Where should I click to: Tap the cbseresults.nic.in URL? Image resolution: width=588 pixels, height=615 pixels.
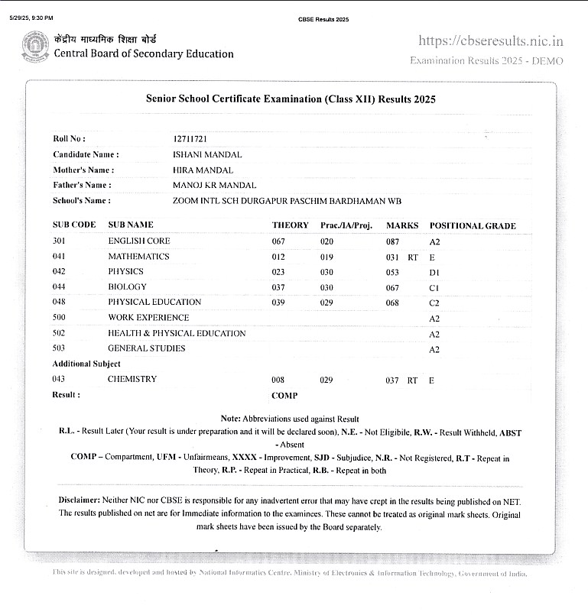click(x=491, y=41)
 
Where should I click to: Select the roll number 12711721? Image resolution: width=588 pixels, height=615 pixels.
click(x=190, y=139)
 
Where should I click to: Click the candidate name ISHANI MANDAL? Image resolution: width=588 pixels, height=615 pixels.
click(x=208, y=154)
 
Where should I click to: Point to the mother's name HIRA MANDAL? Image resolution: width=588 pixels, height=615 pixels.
click(x=203, y=170)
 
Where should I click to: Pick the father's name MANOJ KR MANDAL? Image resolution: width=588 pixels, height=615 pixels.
click(x=215, y=186)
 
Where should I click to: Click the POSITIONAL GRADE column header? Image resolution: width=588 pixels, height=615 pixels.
click(x=473, y=226)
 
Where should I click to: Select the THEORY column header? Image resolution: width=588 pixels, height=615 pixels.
click(x=291, y=226)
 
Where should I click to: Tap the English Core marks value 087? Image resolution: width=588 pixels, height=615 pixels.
click(x=393, y=241)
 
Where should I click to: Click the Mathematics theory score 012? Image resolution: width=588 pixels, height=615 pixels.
click(x=278, y=257)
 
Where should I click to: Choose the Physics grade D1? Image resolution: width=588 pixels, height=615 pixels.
click(x=434, y=272)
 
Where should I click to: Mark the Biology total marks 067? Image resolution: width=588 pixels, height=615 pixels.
click(x=393, y=287)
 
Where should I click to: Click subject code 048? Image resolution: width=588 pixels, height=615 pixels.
click(x=59, y=303)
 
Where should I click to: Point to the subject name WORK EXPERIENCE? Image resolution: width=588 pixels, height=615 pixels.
click(x=148, y=318)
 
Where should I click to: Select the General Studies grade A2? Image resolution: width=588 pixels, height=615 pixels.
click(x=434, y=349)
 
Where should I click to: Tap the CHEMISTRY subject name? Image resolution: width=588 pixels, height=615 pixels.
click(x=132, y=380)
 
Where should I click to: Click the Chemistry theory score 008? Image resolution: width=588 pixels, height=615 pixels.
click(x=278, y=380)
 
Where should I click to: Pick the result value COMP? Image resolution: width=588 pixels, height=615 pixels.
click(x=284, y=396)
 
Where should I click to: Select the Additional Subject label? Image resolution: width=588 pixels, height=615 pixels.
click(x=86, y=364)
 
